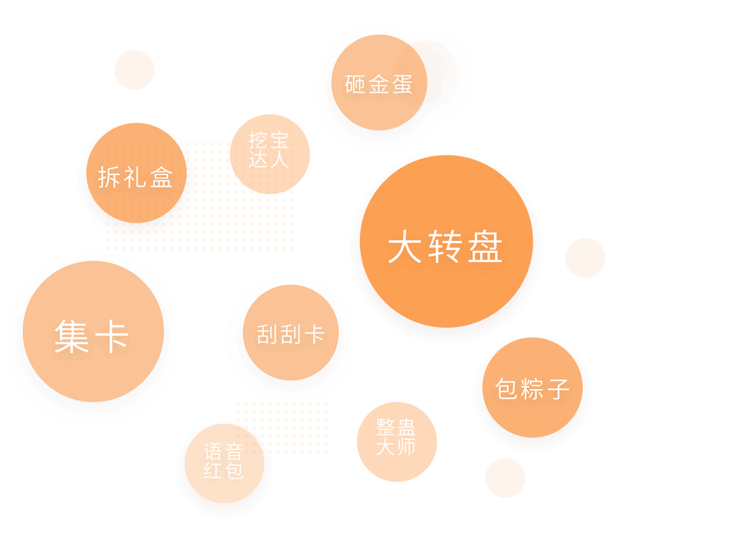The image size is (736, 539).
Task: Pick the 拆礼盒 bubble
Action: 137,174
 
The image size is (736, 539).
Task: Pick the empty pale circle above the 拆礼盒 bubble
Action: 135,70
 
